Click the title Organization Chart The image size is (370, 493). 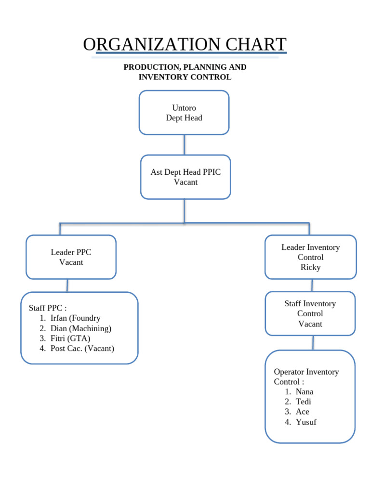185,44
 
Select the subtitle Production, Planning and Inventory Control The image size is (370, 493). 185,72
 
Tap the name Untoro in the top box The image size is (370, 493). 184,108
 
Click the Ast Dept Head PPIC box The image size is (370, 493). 185,177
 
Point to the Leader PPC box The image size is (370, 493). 71,257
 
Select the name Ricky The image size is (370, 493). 310,267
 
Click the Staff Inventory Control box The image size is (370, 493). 310,313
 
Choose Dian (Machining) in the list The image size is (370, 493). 80,328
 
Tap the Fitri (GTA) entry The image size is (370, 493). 70,338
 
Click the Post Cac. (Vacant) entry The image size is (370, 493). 82,349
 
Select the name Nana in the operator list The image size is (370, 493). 304,392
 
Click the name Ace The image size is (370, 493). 303,412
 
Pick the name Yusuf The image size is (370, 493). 306,422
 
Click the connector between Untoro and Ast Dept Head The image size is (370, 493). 184,144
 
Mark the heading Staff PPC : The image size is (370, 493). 48,308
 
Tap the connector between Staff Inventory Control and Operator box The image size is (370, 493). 313,343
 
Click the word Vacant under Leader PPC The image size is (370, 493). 71,262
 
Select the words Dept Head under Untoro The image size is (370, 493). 184,118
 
